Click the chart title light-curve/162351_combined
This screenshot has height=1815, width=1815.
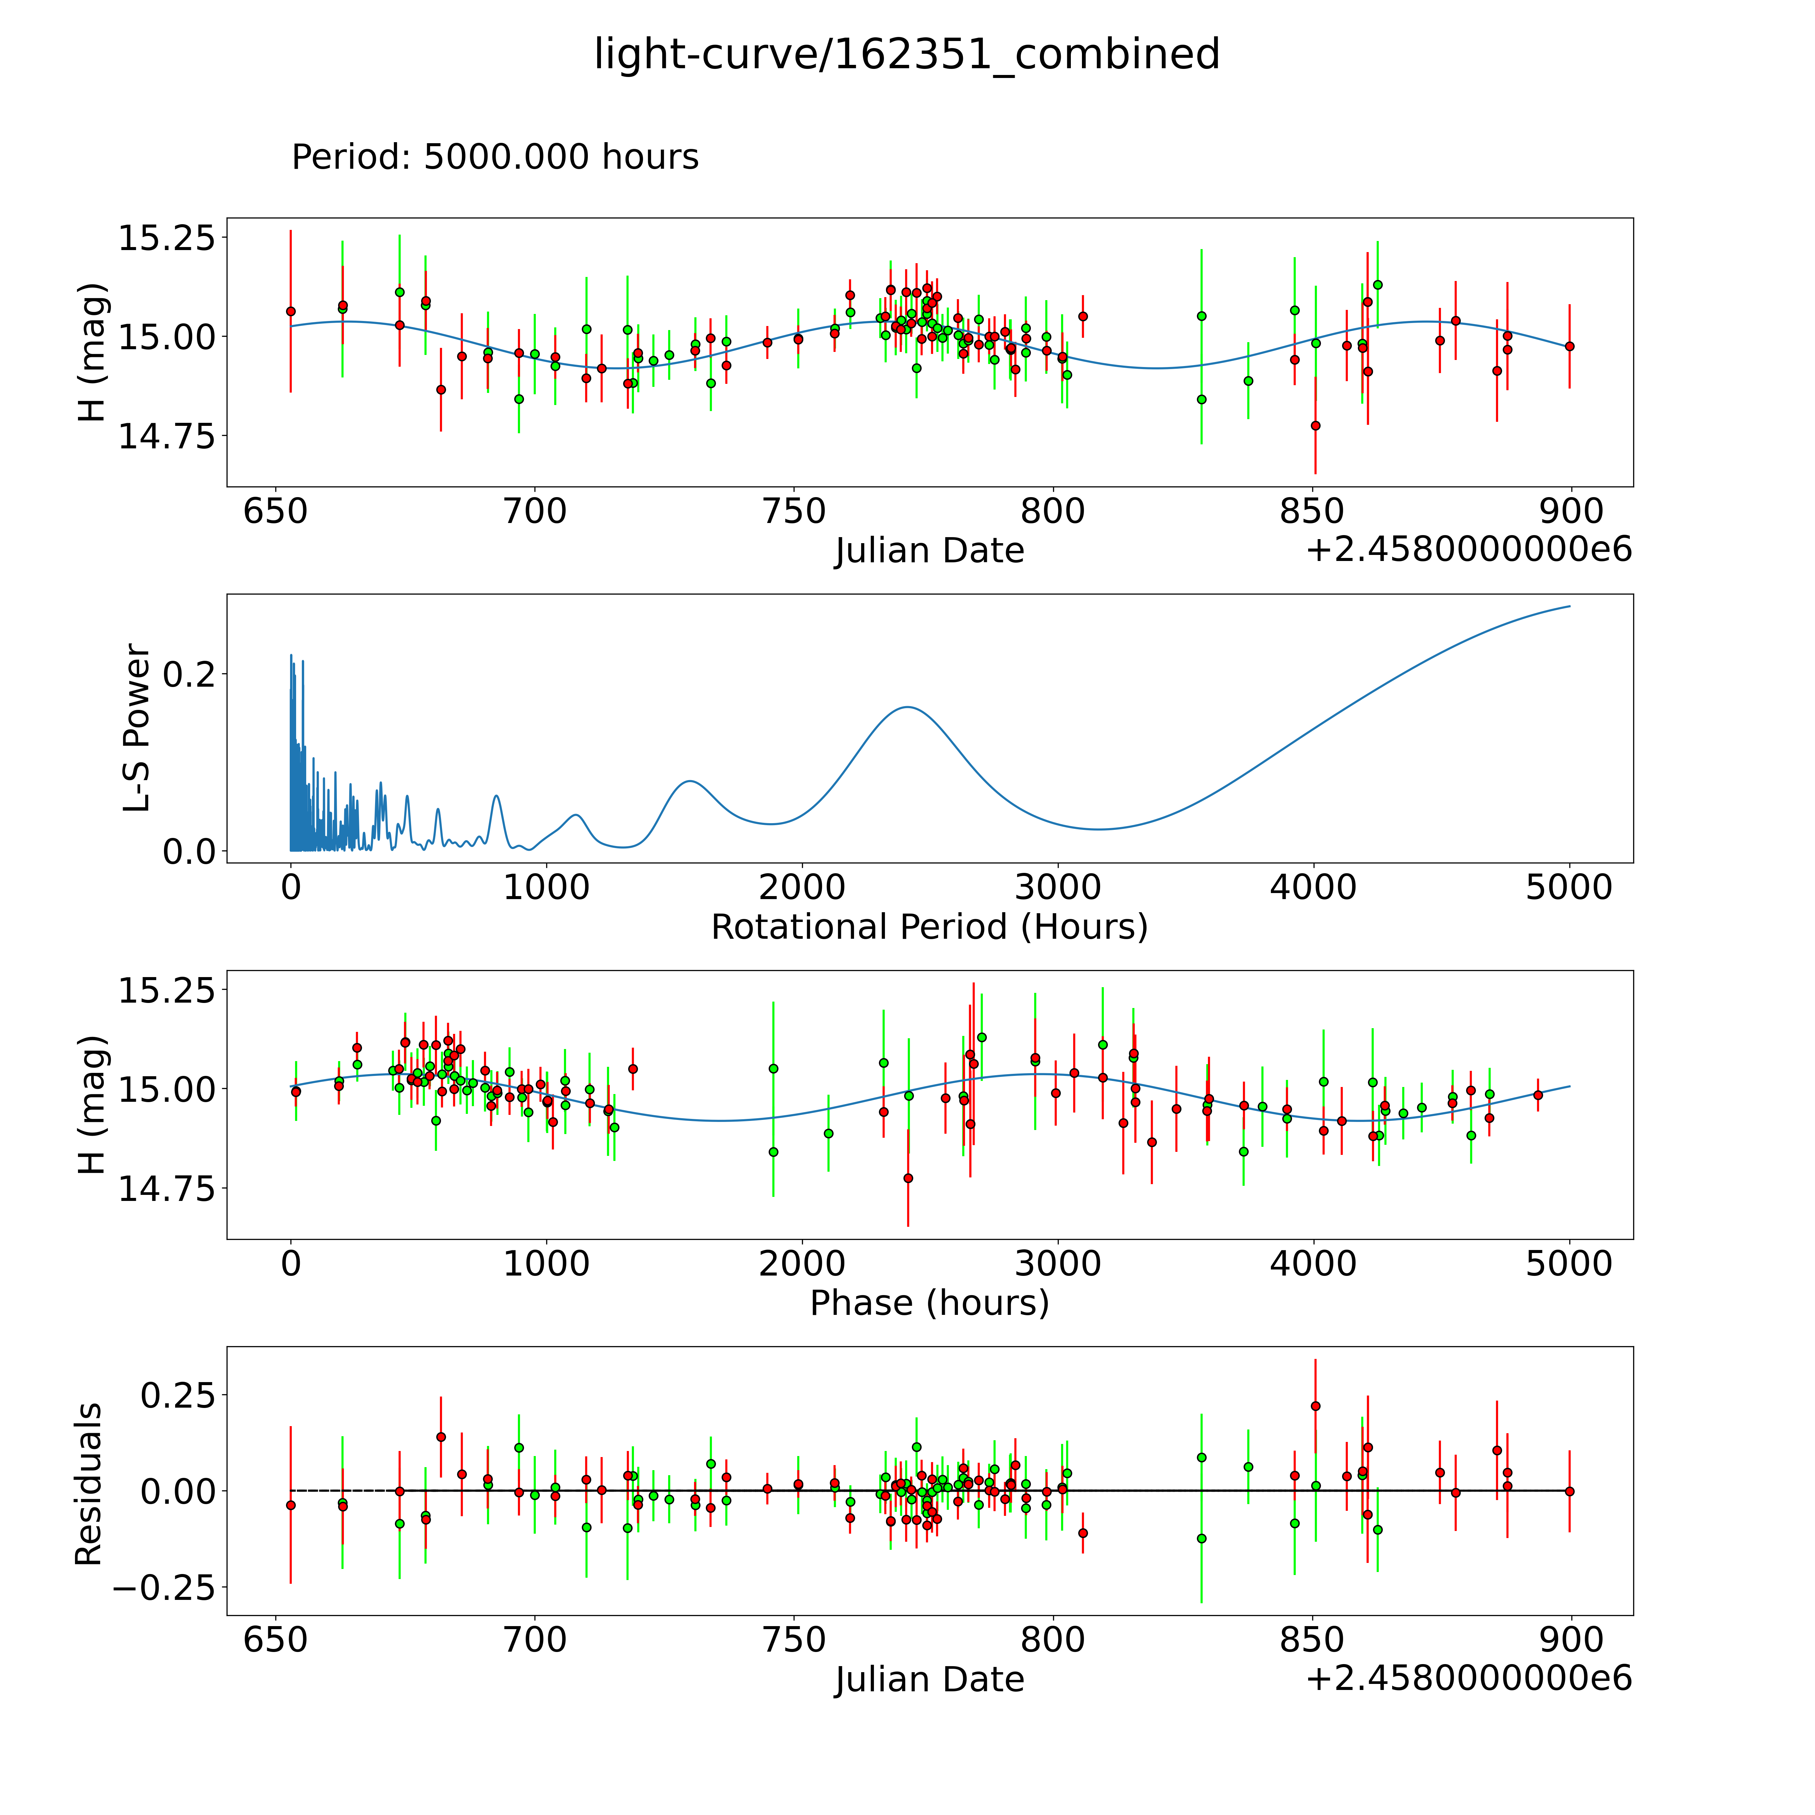click(906, 54)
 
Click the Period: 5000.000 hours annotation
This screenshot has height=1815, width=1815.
click(495, 157)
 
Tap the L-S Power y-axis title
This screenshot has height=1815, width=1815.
click(137, 728)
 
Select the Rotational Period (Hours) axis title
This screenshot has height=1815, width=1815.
click(929, 927)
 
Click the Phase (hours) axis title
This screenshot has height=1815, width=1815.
click(929, 1303)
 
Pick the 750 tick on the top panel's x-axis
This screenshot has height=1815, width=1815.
click(794, 512)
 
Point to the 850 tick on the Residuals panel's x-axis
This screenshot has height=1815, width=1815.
click(1313, 1640)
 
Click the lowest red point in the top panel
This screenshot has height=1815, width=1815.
click(1315, 426)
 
